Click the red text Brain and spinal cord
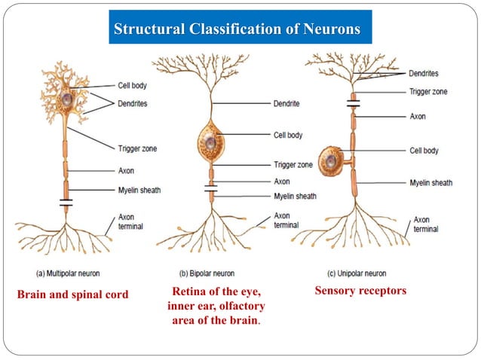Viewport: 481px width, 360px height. point(72,294)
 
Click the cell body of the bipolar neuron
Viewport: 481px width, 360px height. point(210,140)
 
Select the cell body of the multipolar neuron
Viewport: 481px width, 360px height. point(67,99)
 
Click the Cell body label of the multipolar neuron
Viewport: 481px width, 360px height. point(133,86)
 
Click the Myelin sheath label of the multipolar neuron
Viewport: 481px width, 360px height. point(139,190)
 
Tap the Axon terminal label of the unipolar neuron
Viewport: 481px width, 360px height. point(426,224)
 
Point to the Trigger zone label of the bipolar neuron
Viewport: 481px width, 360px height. point(293,165)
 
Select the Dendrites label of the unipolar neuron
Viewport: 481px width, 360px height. point(424,74)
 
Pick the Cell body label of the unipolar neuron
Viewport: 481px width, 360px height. point(424,151)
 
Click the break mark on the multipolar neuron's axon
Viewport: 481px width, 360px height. point(66,203)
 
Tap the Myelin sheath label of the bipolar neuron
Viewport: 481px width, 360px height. point(295,196)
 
